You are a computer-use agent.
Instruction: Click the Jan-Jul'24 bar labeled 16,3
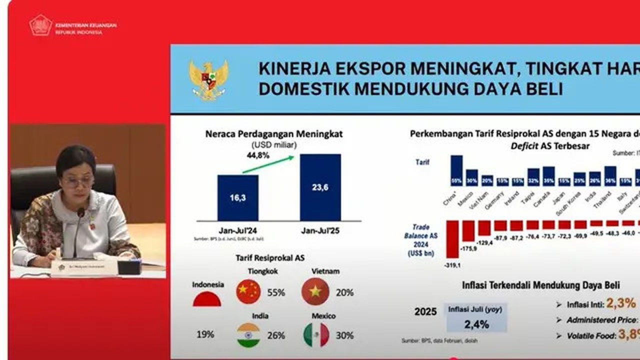point(238,197)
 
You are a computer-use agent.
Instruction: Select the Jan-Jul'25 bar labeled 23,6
point(320,187)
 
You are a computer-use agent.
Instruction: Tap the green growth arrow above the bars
point(267,164)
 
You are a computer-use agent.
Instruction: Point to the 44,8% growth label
point(258,155)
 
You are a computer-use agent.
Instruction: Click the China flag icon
point(248,292)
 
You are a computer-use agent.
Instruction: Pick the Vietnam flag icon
point(315,292)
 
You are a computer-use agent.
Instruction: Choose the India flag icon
point(248,335)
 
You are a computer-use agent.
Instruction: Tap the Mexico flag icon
point(316,335)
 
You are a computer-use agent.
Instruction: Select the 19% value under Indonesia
point(206,334)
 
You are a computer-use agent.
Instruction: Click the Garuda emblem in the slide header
point(208,80)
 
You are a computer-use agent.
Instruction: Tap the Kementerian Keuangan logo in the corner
point(40,25)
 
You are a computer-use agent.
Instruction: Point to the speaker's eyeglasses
point(77,181)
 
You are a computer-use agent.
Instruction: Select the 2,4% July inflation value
point(476,324)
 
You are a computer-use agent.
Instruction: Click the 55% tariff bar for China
point(456,170)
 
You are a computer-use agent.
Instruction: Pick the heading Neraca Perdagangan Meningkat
point(274,134)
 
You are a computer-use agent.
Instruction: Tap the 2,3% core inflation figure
point(621,303)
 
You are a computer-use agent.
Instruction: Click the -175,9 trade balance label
point(468,248)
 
